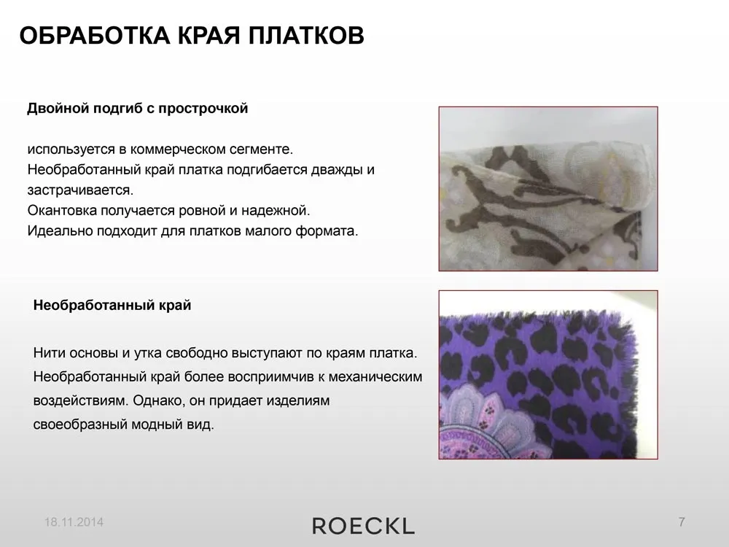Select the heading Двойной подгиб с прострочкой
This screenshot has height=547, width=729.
[138, 109]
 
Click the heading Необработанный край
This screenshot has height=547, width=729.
[112, 305]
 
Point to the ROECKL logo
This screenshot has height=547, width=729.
[363, 526]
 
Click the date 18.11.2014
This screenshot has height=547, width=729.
[74, 522]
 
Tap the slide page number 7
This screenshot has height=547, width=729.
[682, 522]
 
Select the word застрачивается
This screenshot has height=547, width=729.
[80, 190]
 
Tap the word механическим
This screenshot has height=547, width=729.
[375, 377]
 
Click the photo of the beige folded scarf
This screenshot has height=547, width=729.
[548, 189]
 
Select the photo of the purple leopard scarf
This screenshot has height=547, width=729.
[548, 375]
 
